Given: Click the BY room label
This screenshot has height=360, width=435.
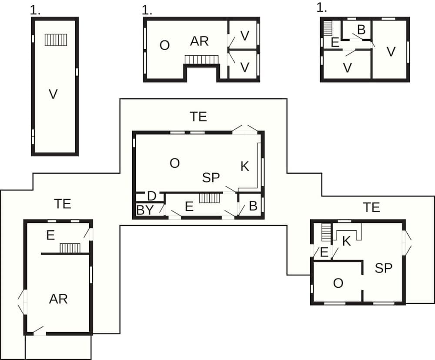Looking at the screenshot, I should point(145,210).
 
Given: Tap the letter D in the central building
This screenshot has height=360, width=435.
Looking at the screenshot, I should point(152,196).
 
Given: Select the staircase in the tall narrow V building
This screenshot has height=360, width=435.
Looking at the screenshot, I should point(56,40).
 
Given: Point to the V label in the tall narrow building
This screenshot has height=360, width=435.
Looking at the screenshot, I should point(53,94).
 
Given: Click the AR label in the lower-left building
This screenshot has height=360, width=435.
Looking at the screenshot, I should point(58,299).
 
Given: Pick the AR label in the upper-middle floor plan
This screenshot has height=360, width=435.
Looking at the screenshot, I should point(200,41).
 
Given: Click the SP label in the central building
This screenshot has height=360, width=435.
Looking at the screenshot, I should point(211,178).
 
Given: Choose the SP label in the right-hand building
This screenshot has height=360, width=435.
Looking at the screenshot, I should point(384,268).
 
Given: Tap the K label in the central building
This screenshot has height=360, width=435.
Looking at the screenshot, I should point(245,166).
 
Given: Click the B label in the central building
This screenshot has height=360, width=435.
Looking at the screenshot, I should point(253,206).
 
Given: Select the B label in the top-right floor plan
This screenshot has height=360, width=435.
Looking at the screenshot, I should point(361,30).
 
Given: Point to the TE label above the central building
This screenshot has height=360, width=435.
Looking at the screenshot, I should point(198,117).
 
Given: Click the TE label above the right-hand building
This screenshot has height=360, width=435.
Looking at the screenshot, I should point(371,207).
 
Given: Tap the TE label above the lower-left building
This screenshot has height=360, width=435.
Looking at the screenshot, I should point(63,203).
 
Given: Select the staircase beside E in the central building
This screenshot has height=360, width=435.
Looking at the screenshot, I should point(210,198).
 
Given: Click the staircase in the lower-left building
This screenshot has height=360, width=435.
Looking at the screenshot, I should point(70,248).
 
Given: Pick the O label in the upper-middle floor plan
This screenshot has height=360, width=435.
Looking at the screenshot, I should point(164,45).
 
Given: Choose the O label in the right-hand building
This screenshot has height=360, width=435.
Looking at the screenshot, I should point(338,283).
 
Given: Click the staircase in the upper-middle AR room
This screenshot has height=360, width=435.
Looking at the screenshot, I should point(201,59).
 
